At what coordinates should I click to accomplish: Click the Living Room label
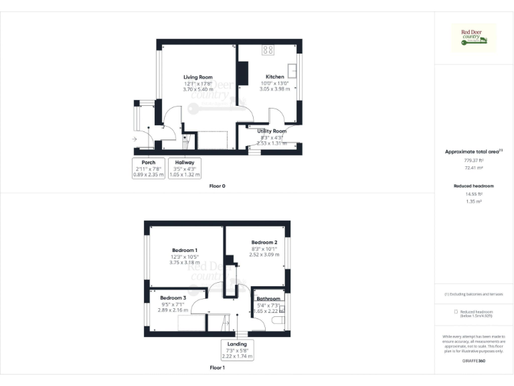click(x=197, y=77)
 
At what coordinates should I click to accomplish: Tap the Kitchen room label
click(x=275, y=77)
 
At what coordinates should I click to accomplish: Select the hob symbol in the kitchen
click(x=268, y=49)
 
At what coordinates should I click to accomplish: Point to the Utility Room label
click(x=272, y=131)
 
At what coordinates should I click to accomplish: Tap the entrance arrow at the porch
click(x=135, y=139)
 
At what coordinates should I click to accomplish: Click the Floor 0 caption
click(x=217, y=185)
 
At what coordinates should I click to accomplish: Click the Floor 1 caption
click(x=217, y=368)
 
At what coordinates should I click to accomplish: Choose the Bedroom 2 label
click(x=264, y=242)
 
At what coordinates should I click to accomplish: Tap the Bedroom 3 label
click(x=172, y=298)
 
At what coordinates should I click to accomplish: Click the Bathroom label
click(x=268, y=299)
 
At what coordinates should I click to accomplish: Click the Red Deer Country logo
click(x=475, y=38)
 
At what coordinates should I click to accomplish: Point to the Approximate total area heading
click(x=474, y=152)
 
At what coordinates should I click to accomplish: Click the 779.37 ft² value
click(x=474, y=161)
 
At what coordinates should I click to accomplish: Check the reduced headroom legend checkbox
click(x=456, y=312)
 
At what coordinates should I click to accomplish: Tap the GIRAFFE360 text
click(x=474, y=361)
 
